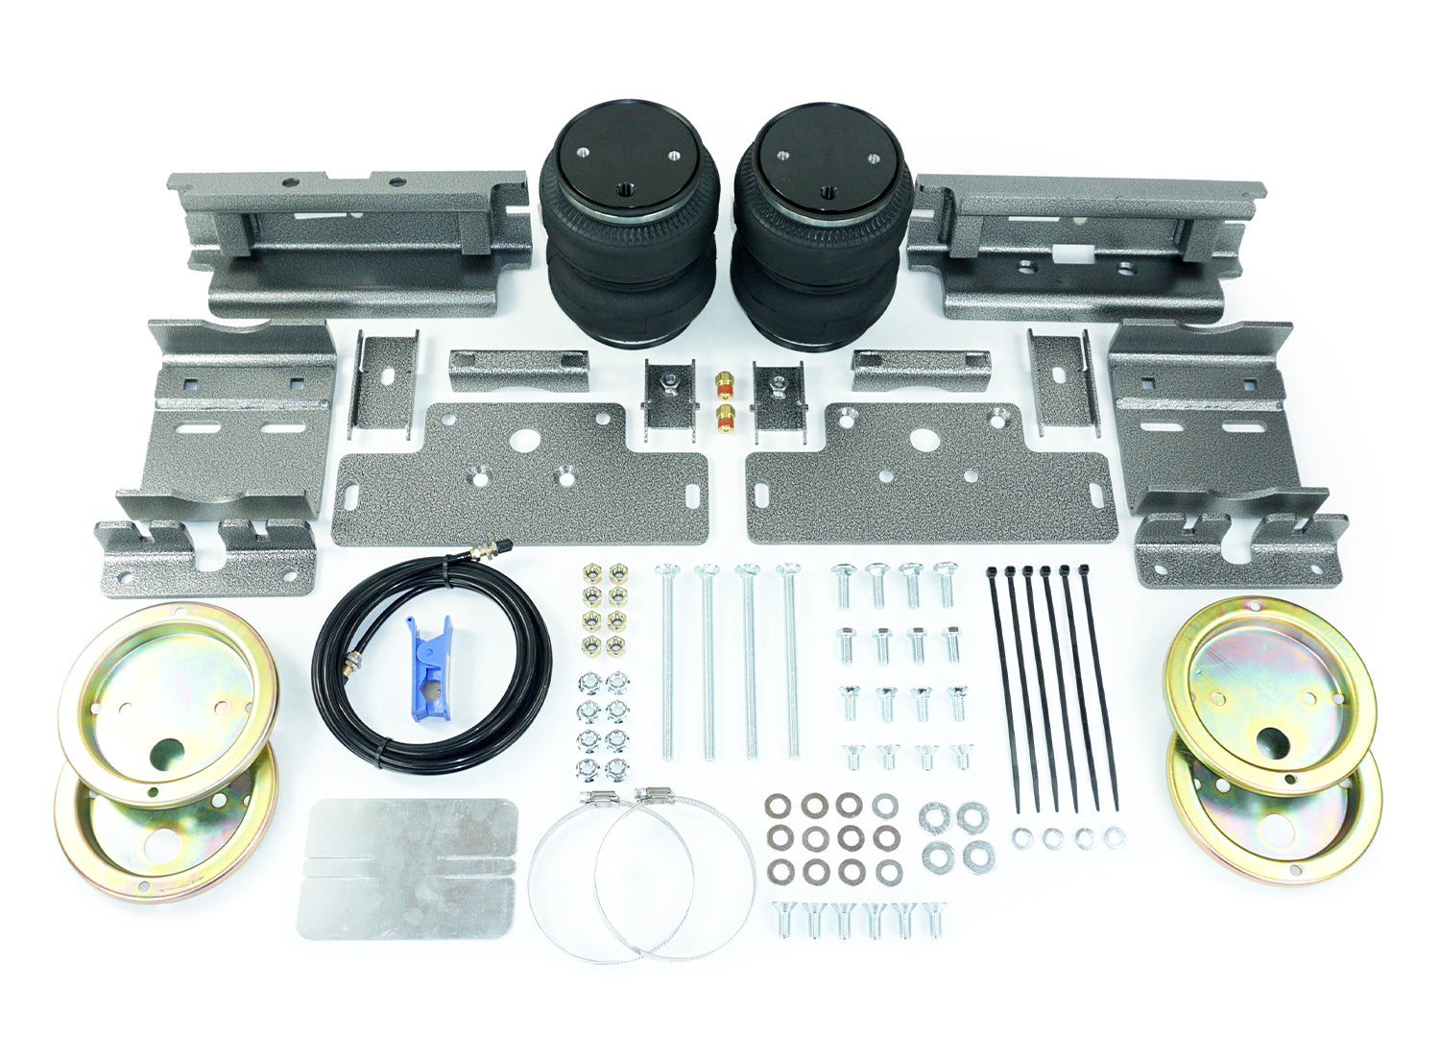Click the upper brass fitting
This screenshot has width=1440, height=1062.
(723, 382)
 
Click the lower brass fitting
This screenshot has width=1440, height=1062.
(723, 415)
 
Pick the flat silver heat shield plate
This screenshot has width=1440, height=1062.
(409, 868)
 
